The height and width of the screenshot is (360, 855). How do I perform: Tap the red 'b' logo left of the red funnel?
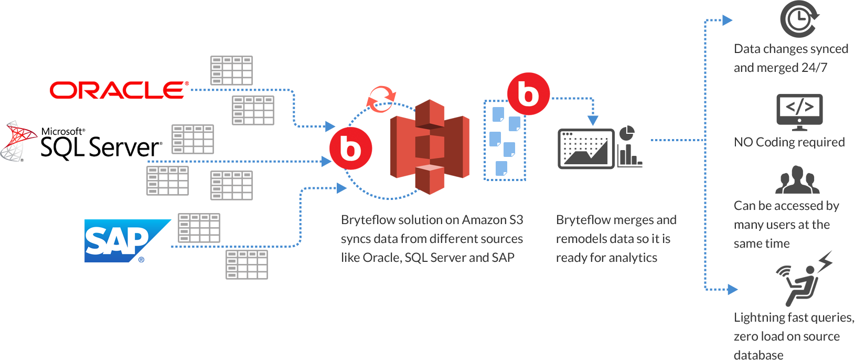[x=351, y=149]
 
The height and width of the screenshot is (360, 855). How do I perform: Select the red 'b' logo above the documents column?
[x=528, y=93]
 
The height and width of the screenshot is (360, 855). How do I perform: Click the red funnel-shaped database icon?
[x=430, y=147]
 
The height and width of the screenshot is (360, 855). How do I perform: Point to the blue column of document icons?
[x=504, y=141]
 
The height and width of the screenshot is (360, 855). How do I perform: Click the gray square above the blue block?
[x=231, y=70]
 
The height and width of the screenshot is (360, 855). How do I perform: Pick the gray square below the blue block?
[x=247, y=264]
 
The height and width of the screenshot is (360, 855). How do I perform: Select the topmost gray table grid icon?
[x=253, y=110]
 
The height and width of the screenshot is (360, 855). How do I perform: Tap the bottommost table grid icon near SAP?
[x=199, y=228]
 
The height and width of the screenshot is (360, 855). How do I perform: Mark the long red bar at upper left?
[x=119, y=90]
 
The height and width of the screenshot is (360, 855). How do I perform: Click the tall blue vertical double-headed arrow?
[x=718, y=155]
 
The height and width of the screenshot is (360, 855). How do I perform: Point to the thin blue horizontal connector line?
[x=677, y=140]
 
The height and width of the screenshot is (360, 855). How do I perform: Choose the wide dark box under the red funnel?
[x=432, y=239]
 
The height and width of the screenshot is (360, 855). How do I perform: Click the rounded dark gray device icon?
[x=586, y=149]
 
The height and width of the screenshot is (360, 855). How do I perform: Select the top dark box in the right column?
[x=791, y=59]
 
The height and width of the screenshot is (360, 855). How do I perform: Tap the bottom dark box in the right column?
[x=794, y=336]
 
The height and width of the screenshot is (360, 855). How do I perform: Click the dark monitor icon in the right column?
[x=799, y=112]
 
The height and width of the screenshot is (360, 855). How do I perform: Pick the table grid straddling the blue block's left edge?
[x=167, y=181]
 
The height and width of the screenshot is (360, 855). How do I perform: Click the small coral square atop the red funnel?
[x=381, y=98]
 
